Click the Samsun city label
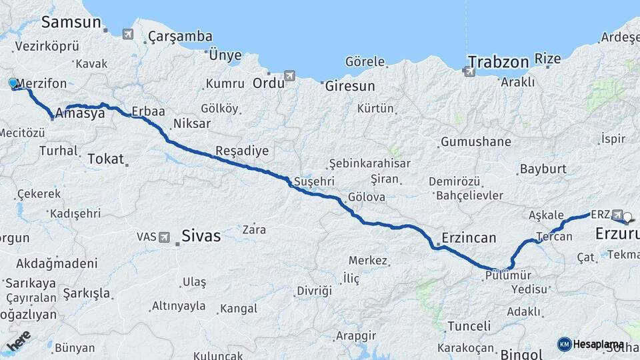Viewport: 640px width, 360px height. click(71, 22)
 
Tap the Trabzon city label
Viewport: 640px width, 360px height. click(499, 63)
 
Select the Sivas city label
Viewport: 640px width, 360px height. click(201, 236)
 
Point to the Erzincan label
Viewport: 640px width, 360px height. click(469, 238)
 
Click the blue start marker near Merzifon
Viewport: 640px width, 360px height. click(13, 83)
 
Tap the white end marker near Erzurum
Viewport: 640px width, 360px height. click(627, 216)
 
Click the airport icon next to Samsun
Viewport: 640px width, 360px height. click(128, 34)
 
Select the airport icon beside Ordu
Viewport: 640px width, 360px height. click(289, 76)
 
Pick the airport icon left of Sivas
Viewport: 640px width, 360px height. click(165, 237)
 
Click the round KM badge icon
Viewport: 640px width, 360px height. click(564, 344)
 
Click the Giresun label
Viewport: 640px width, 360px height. click(350, 86)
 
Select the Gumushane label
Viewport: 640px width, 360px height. click(475, 142)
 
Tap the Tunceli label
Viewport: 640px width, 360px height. click(469, 326)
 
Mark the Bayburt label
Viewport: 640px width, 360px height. click(542, 169)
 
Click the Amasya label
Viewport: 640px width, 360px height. click(80, 113)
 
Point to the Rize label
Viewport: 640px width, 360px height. click(548, 59)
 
